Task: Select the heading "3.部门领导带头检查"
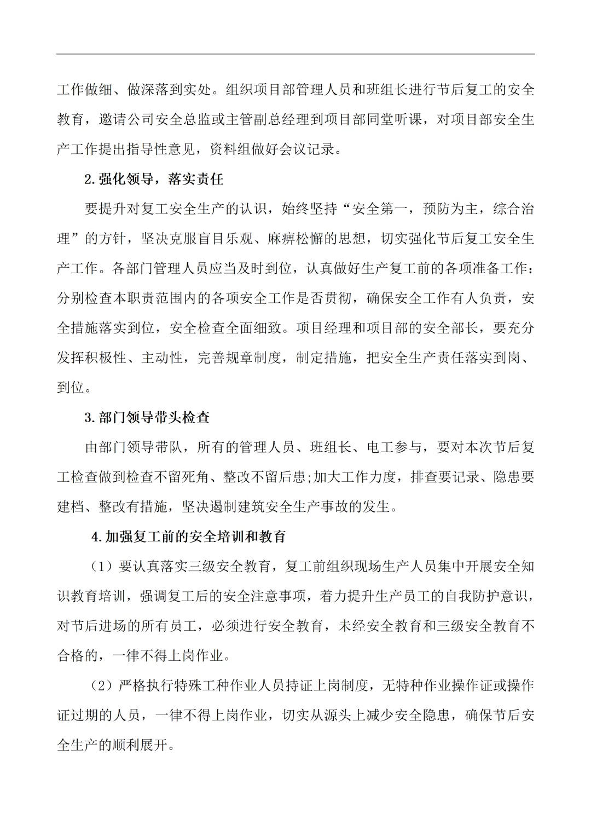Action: (147, 418)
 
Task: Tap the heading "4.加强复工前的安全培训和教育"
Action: (189, 537)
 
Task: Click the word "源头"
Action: (338, 716)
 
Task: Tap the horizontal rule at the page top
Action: (296, 54)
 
